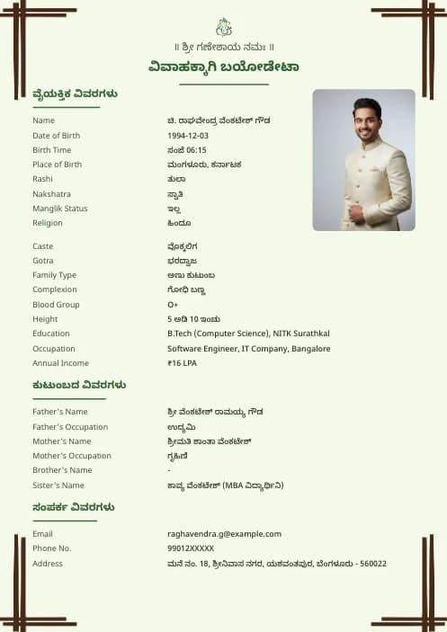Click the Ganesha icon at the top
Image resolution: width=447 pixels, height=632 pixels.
(x=224, y=27)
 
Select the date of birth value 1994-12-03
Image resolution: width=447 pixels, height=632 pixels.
(x=188, y=135)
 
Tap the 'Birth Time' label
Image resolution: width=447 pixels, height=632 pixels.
(x=51, y=150)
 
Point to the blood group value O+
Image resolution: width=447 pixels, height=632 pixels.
(x=173, y=305)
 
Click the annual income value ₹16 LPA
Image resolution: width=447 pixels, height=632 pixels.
(x=182, y=363)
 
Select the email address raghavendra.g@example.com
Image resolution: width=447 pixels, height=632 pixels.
(x=224, y=534)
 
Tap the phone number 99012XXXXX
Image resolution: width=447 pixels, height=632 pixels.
(x=191, y=548)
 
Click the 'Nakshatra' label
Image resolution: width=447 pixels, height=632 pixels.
(x=51, y=194)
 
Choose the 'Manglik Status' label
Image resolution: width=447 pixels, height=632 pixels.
(x=60, y=209)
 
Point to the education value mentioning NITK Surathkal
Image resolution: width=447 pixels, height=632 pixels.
(x=248, y=334)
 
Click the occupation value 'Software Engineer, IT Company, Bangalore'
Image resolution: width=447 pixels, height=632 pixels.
(x=248, y=349)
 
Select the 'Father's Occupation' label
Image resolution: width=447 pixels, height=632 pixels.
(x=70, y=427)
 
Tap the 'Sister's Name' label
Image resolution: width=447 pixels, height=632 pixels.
(x=58, y=485)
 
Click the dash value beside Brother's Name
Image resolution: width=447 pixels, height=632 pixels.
(x=169, y=471)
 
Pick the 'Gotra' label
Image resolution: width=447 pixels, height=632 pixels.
(x=43, y=261)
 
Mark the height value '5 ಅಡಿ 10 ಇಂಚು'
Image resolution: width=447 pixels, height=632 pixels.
(x=193, y=319)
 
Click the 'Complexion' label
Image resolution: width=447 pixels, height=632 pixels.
(x=55, y=289)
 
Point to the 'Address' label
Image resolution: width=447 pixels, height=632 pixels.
(x=48, y=564)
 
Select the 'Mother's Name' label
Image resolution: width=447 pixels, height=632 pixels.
(x=61, y=441)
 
